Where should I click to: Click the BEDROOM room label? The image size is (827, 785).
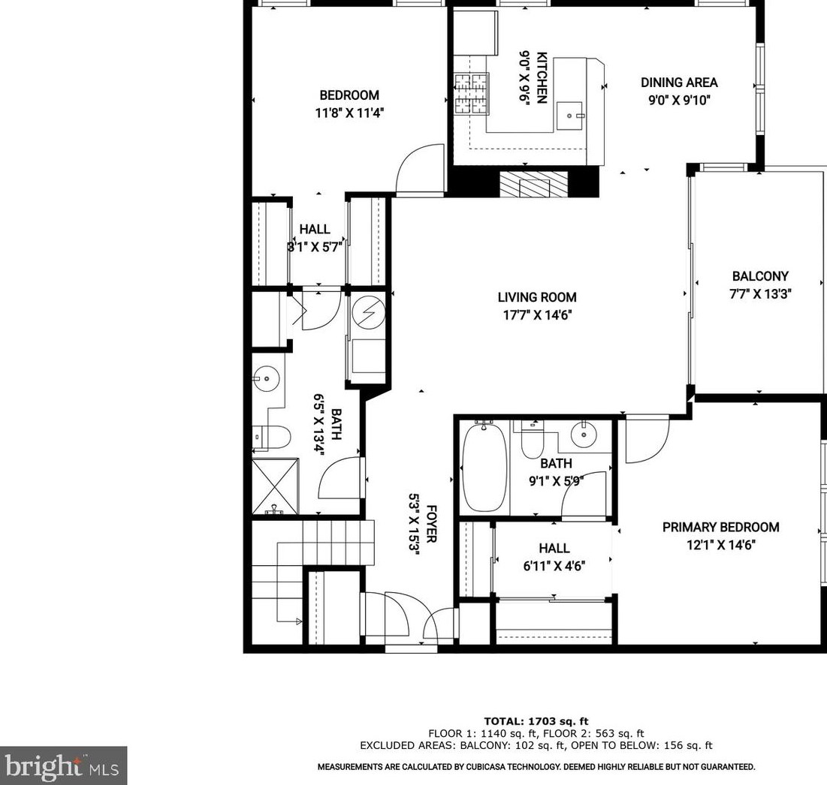click(x=349, y=95)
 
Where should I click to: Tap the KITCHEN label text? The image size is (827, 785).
click(x=542, y=78)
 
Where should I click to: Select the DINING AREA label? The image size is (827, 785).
click(x=678, y=83)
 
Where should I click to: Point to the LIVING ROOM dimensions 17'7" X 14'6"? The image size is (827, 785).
click(x=537, y=316)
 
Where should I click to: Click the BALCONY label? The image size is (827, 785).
click(x=760, y=276)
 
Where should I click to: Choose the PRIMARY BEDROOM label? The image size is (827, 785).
click(x=720, y=528)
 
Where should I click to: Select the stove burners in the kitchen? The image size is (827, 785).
click(x=471, y=95)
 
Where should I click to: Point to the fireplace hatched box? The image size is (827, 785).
click(x=534, y=183)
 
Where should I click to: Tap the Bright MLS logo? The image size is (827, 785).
click(x=63, y=765)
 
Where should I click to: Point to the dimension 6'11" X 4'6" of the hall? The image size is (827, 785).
click(x=554, y=566)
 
